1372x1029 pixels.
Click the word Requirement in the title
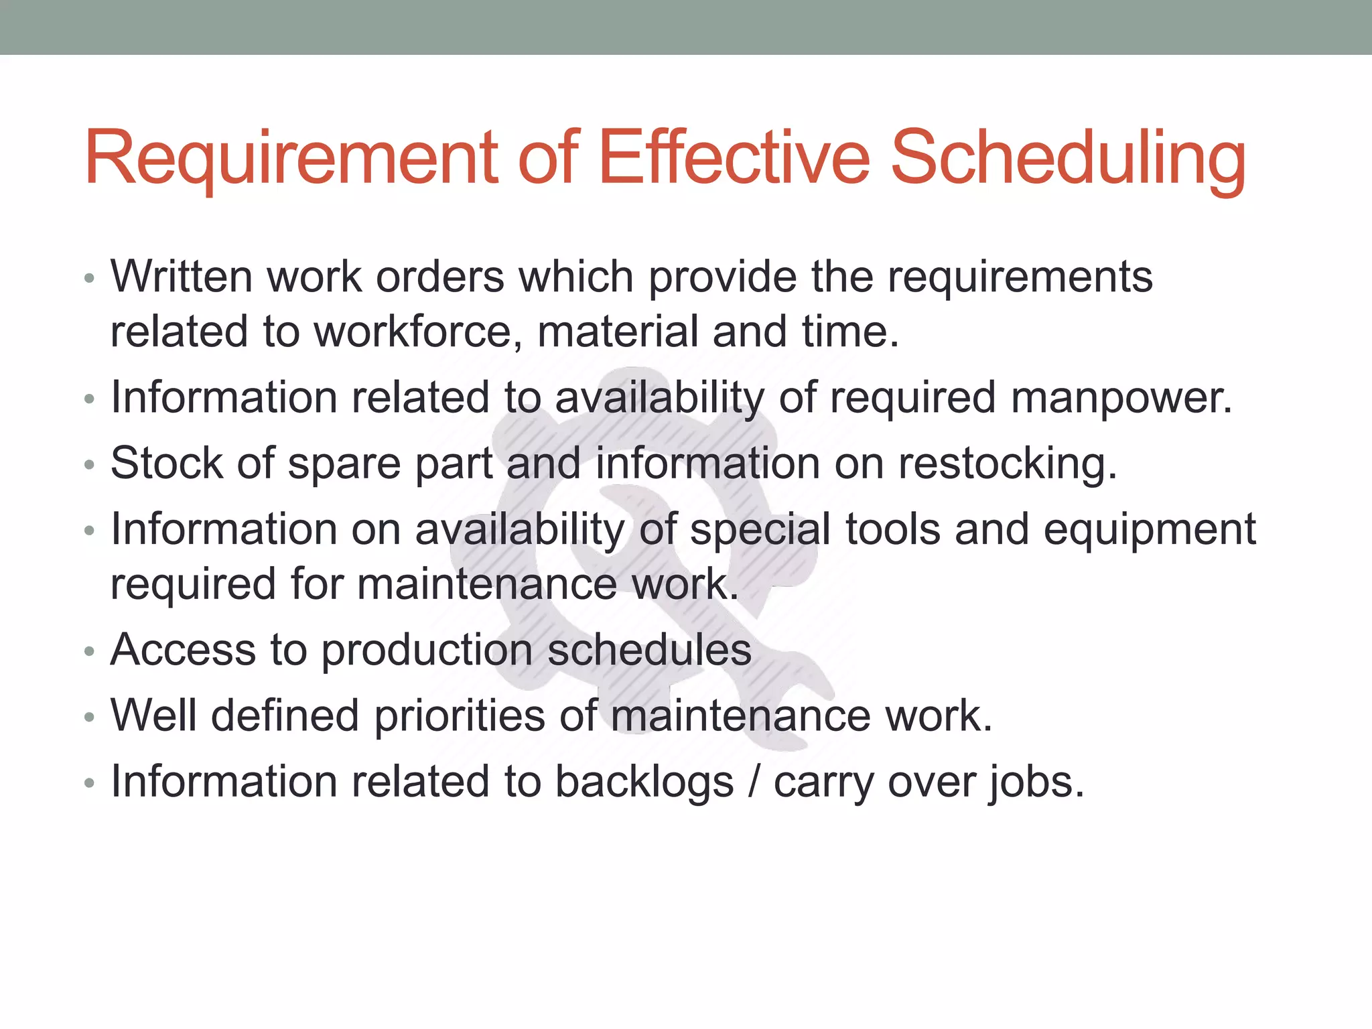(291, 158)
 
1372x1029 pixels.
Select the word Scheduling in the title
(1068, 158)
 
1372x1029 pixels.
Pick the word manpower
(1121, 397)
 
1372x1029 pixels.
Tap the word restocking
(1008, 464)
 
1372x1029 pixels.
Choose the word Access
(183, 649)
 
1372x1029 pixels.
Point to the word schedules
(649, 649)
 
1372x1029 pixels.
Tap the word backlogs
(644, 782)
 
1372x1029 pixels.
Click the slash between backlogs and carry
(754, 782)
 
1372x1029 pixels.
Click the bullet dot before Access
(90, 651)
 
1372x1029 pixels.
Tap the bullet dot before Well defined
(90, 717)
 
